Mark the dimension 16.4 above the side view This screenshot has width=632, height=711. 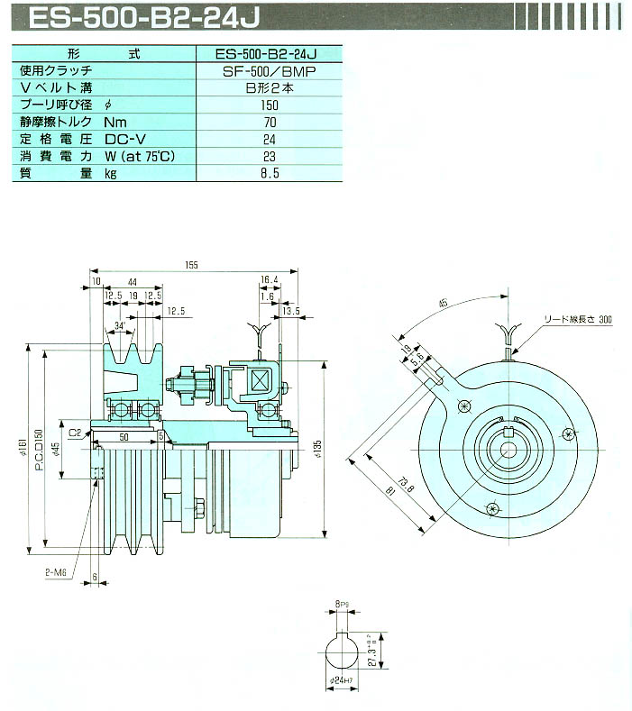(x=269, y=280)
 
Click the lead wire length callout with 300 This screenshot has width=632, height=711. (x=577, y=320)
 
